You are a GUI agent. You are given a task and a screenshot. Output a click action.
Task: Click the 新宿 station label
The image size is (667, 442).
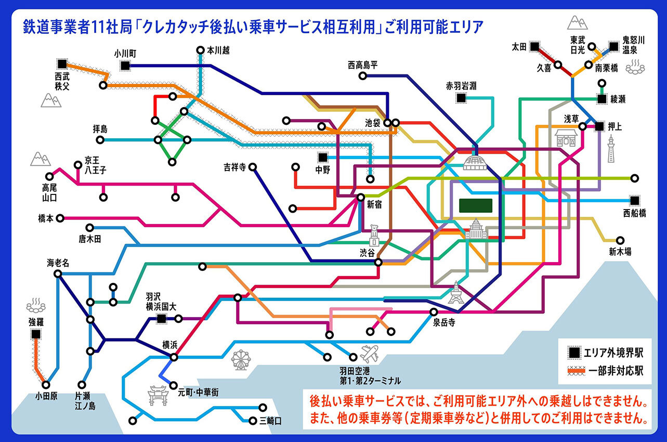click(374, 205)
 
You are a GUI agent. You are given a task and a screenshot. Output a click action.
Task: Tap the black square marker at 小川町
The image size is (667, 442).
click(125, 66)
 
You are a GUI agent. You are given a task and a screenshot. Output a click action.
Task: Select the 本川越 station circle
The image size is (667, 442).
click(201, 50)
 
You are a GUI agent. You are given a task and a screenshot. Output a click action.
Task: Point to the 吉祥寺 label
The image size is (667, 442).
click(234, 167)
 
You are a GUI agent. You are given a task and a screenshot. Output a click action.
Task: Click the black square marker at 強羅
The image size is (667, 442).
click(36, 335)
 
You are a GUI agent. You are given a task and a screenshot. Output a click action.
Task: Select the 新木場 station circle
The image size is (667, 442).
click(620, 241)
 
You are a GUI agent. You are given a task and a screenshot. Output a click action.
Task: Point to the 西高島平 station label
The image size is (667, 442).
click(363, 65)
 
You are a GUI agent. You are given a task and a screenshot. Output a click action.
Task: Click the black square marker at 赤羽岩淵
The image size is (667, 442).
click(461, 97)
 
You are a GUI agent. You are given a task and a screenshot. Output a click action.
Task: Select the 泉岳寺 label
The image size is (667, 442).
click(444, 322)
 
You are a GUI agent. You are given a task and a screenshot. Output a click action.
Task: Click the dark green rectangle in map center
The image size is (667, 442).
click(476, 205)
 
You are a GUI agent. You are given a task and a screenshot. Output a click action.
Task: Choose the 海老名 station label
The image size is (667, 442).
click(58, 263)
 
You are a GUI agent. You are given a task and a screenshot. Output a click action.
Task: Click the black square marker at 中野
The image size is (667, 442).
click(323, 157)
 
